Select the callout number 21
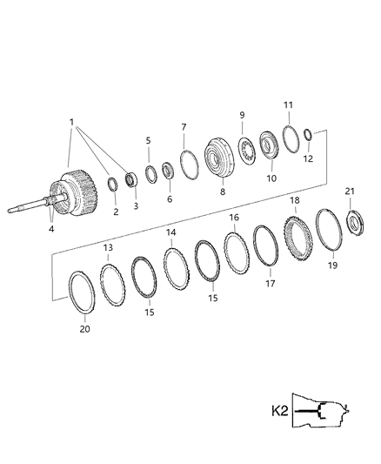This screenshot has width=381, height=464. click(x=350, y=191)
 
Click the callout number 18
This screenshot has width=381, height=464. click(x=294, y=199)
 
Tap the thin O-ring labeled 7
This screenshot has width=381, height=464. click(x=187, y=163)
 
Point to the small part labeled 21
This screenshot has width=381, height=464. click(x=355, y=221)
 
